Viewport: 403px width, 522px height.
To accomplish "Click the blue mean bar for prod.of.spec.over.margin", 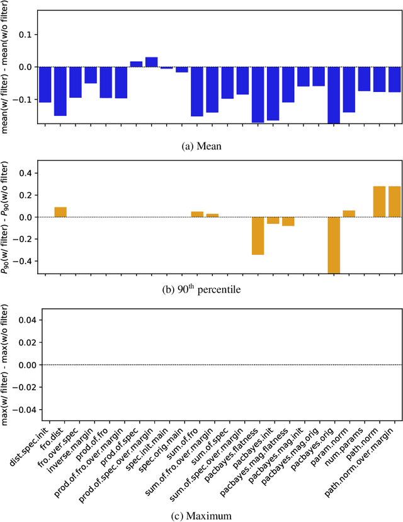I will tap(152, 62).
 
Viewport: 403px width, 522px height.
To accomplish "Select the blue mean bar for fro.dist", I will tap(60, 91).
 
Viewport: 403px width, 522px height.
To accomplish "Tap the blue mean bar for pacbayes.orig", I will tap(334, 95).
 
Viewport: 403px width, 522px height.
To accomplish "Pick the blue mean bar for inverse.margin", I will tap(91, 75).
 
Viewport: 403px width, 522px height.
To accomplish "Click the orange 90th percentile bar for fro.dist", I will tap(60, 212).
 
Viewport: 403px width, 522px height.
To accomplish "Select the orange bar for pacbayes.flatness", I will tap(258, 236).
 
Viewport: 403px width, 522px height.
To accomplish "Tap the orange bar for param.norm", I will tap(349, 214).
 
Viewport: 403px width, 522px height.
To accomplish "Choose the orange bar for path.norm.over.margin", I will tap(394, 202).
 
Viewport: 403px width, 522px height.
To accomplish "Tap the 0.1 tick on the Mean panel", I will tap(28, 33).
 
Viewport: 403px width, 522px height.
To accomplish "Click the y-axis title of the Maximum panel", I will tap(7, 363).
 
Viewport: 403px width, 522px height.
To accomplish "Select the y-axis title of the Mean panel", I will tap(7, 66).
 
